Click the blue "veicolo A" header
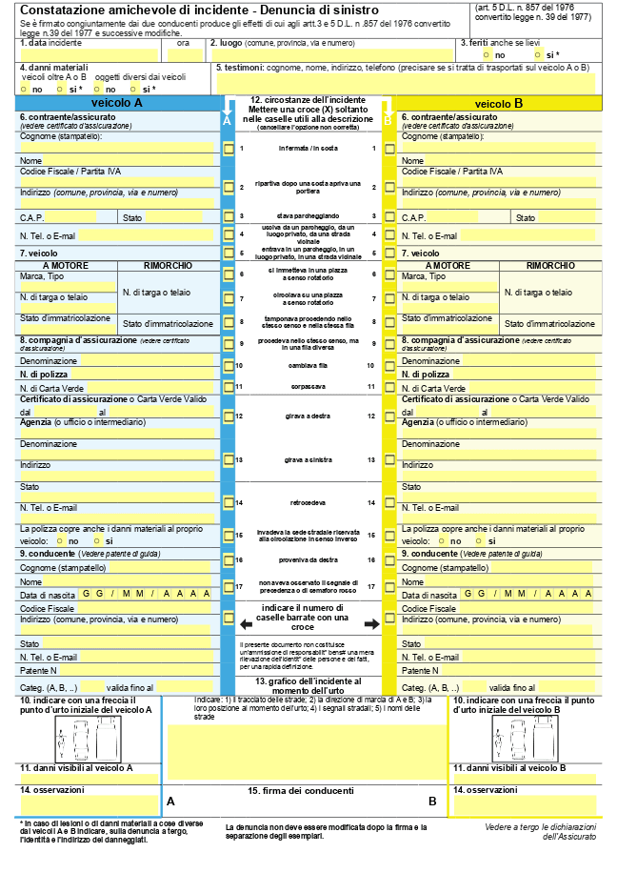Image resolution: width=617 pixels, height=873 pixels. [117, 102]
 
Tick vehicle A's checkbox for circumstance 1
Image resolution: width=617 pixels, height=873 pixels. [229, 149]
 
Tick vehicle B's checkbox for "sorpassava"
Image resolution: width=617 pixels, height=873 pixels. [388, 386]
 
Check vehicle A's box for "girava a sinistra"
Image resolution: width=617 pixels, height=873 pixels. [229, 459]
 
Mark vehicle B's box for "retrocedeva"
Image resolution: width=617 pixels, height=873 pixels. [388, 502]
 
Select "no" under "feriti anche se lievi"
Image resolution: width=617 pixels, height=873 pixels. [488, 55]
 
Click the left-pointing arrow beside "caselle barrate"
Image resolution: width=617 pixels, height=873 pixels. [246, 624]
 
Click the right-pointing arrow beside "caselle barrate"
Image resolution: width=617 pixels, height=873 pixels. [370, 624]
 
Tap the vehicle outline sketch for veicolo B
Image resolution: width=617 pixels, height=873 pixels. [526, 738]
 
